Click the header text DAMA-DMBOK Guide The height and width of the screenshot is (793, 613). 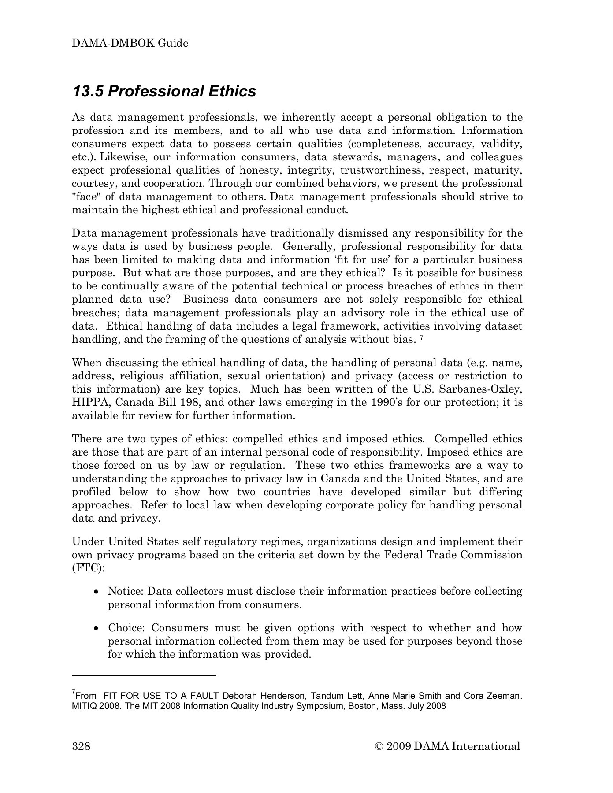[130, 44]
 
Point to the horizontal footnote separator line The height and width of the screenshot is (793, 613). [144, 675]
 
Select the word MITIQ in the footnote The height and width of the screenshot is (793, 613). [84, 706]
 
